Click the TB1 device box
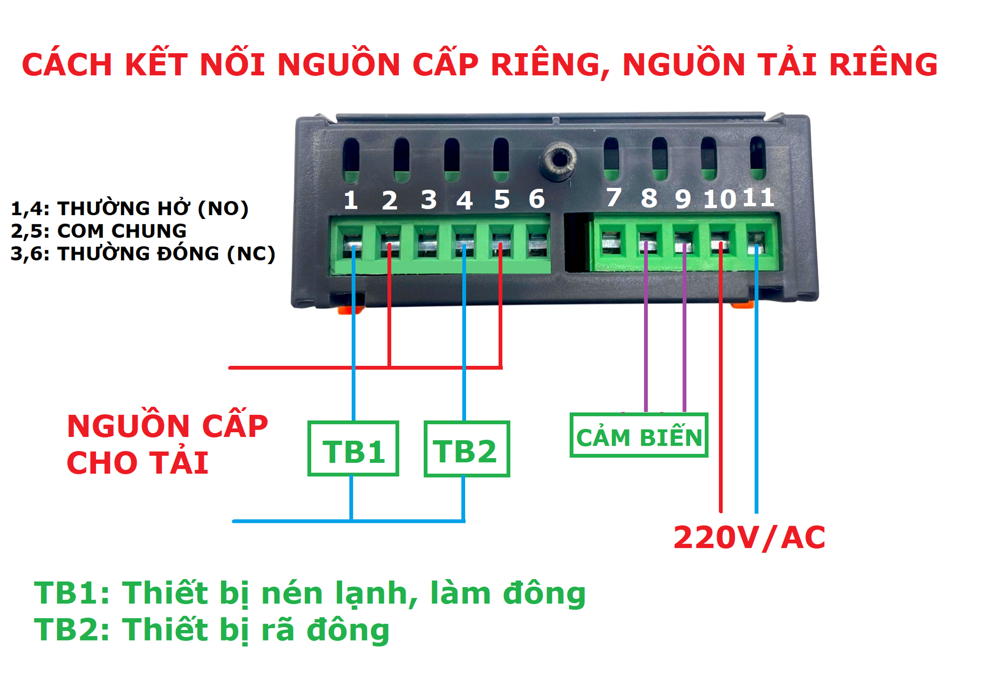tap(353, 449)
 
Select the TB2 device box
tap(467, 449)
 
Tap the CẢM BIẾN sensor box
tap(639, 436)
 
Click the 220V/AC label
tap(749, 537)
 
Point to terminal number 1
tap(351, 200)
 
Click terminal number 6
tap(537, 199)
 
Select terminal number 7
tap(614, 197)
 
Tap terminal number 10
tap(719, 199)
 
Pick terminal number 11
tap(758, 197)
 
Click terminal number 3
tap(429, 200)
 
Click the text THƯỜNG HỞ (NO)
tap(153, 208)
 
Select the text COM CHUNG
tap(122, 231)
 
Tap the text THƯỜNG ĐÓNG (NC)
tap(166, 254)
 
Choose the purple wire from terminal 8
tap(646, 336)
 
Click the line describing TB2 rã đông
tap(211, 630)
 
